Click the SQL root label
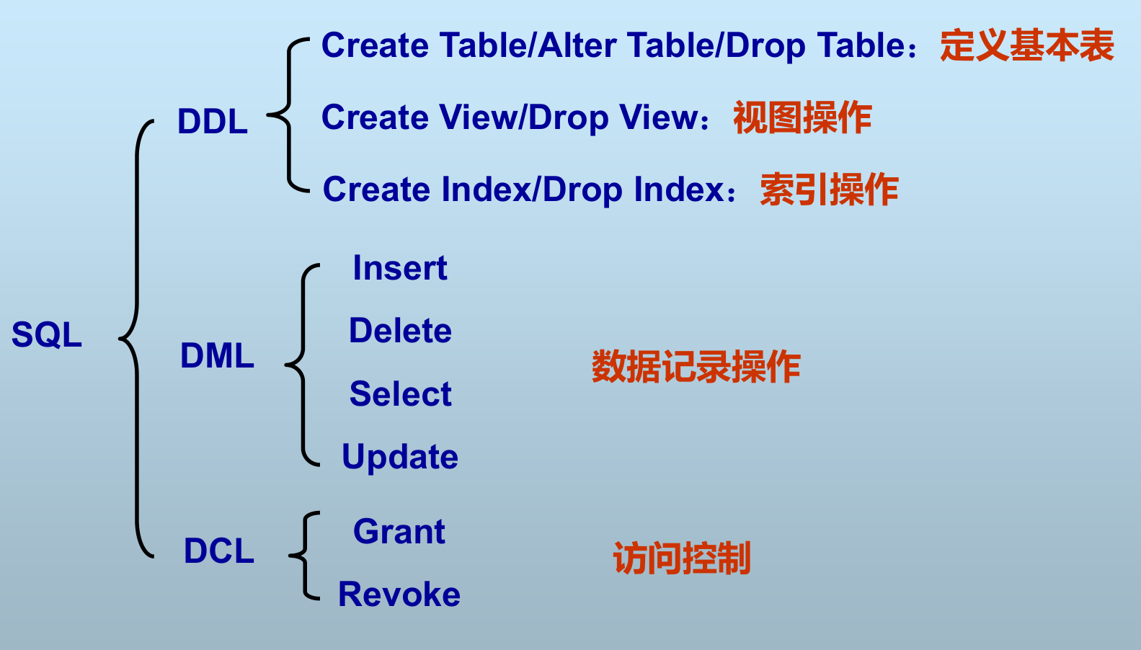(x=46, y=334)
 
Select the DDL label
(x=213, y=121)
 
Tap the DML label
(x=217, y=355)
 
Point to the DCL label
(x=218, y=551)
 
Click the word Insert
(x=400, y=268)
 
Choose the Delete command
(x=400, y=331)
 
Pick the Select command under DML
(x=400, y=393)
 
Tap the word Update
(x=400, y=457)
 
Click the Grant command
(x=399, y=531)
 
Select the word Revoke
(x=399, y=594)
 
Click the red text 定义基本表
(x=1027, y=45)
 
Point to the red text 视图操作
(x=802, y=117)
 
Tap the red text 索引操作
(x=830, y=190)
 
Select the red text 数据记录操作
(x=696, y=366)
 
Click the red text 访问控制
(x=682, y=558)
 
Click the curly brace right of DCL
(x=304, y=556)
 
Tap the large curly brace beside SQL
(x=136, y=339)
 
